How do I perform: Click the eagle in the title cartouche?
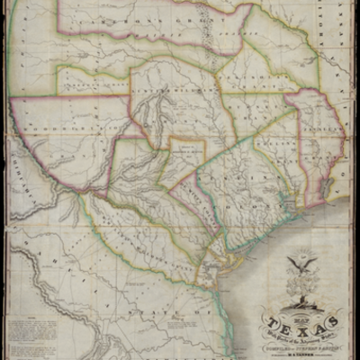coord(301,265)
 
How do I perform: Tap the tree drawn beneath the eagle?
coord(302,287)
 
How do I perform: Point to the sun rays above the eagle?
coord(301,253)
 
